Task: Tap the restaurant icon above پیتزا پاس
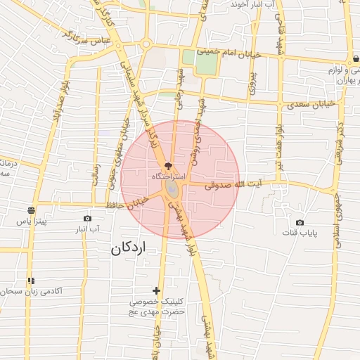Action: (x=31, y=210)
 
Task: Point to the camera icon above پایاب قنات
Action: (x=300, y=222)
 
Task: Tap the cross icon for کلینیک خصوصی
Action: (x=156, y=290)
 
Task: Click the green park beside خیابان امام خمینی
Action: (x=206, y=63)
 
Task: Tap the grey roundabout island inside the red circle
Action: (x=172, y=191)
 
